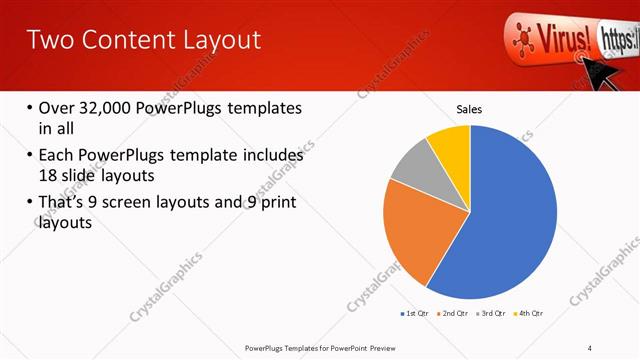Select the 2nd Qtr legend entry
point(456,313)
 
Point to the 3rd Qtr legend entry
point(495,313)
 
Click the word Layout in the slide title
point(214,40)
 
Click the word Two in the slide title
point(48,40)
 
